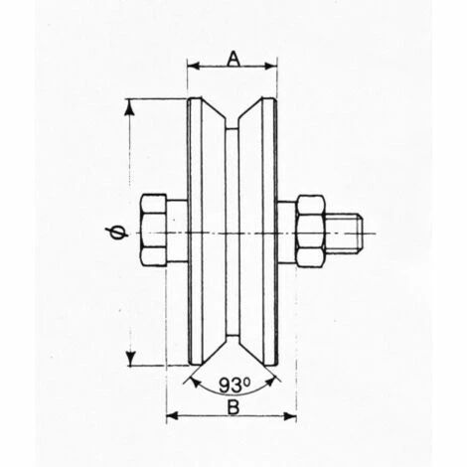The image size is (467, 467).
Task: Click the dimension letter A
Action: (x=233, y=60)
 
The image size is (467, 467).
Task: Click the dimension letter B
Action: (x=233, y=407)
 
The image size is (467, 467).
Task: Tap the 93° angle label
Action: (x=234, y=386)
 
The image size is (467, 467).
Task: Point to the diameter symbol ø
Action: (x=117, y=233)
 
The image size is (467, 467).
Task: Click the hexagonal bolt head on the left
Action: (x=153, y=231)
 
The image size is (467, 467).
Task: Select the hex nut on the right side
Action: (x=310, y=231)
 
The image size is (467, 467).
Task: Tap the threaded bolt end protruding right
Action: (x=344, y=233)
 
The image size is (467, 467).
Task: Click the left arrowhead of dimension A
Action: (x=194, y=66)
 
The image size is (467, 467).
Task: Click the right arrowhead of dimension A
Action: (x=270, y=66)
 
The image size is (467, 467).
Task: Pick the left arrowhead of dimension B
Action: (x=172, y=416)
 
